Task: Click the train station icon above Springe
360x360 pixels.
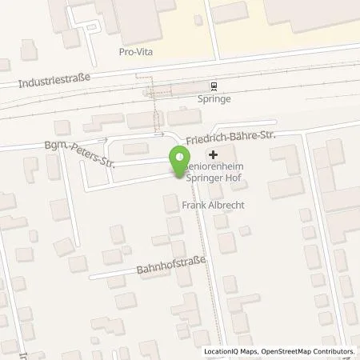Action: [x=214, y=86]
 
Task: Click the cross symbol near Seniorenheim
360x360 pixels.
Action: [x=213, y=154]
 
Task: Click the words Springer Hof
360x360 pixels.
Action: [x=212, y=179]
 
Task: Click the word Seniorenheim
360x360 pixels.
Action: [x=216, y=168]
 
